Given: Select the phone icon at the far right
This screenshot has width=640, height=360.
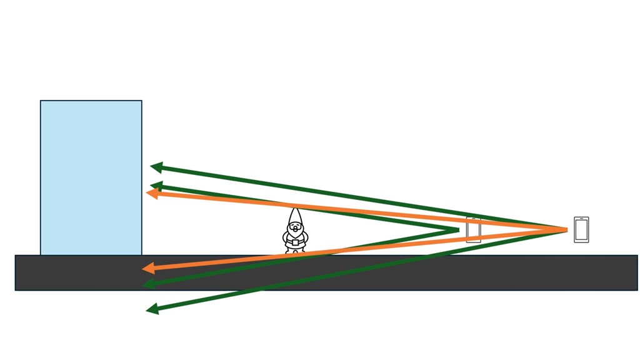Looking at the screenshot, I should click(x=581, y=230).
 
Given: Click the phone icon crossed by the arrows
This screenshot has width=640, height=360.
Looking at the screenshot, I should click(x=474, y=230).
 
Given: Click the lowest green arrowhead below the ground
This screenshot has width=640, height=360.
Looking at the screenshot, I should click(x=152, y=308).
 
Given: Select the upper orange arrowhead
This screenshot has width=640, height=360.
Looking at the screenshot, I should click(x=151, y=193).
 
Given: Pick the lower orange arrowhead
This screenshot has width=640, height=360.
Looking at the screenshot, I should click(x=148, y=269).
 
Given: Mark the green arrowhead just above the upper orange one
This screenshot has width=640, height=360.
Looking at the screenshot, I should click(x=156, y=186).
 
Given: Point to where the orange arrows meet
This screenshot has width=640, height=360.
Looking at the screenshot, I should click(x=566, y=230).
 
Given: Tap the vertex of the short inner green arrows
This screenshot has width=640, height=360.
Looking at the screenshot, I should click(x=458, y=230).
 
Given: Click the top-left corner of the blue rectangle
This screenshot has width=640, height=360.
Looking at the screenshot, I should click(x=41, y=101).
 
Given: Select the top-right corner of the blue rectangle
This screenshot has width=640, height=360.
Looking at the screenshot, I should click(x=142, y=101).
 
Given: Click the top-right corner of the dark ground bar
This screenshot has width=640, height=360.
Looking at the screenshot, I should click(x=637, y=256).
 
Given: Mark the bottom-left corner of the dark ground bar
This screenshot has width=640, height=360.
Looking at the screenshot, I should click(x=16, y=290).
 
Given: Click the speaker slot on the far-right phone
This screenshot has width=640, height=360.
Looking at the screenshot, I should click(x=581, y=220).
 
